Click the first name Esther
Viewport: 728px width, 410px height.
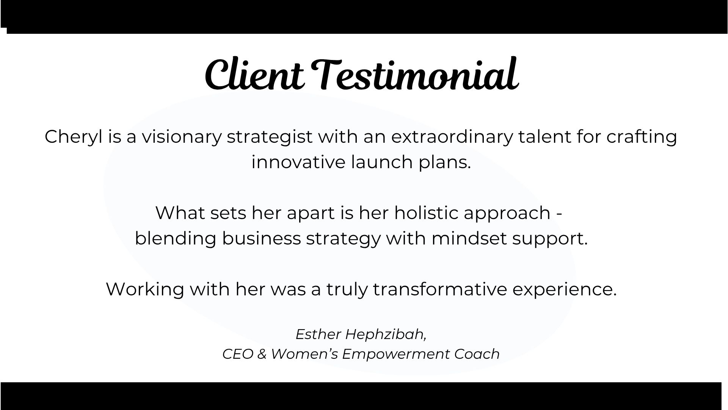click(318, 334)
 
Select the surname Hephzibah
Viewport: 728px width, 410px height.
click(386, 335)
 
